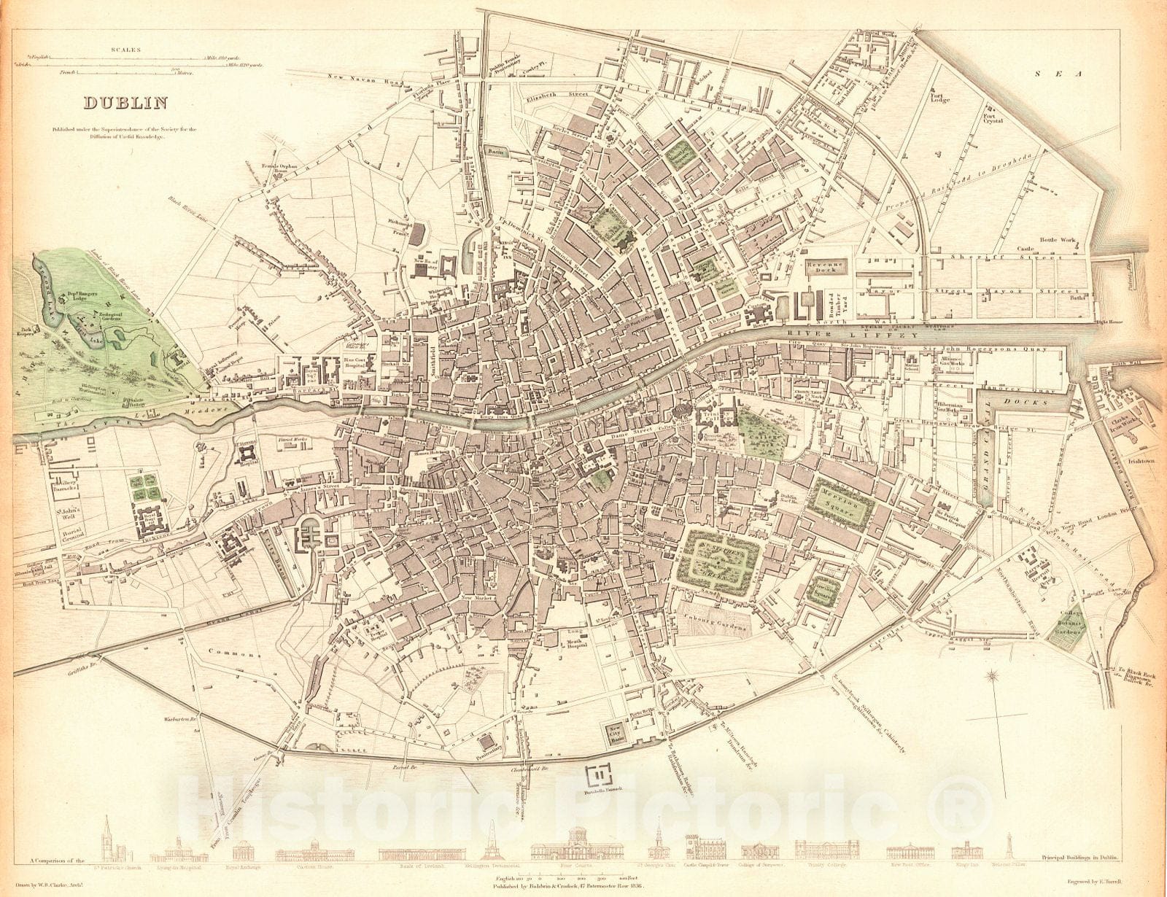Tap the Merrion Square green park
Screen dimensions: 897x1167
[x=843, y=504]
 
